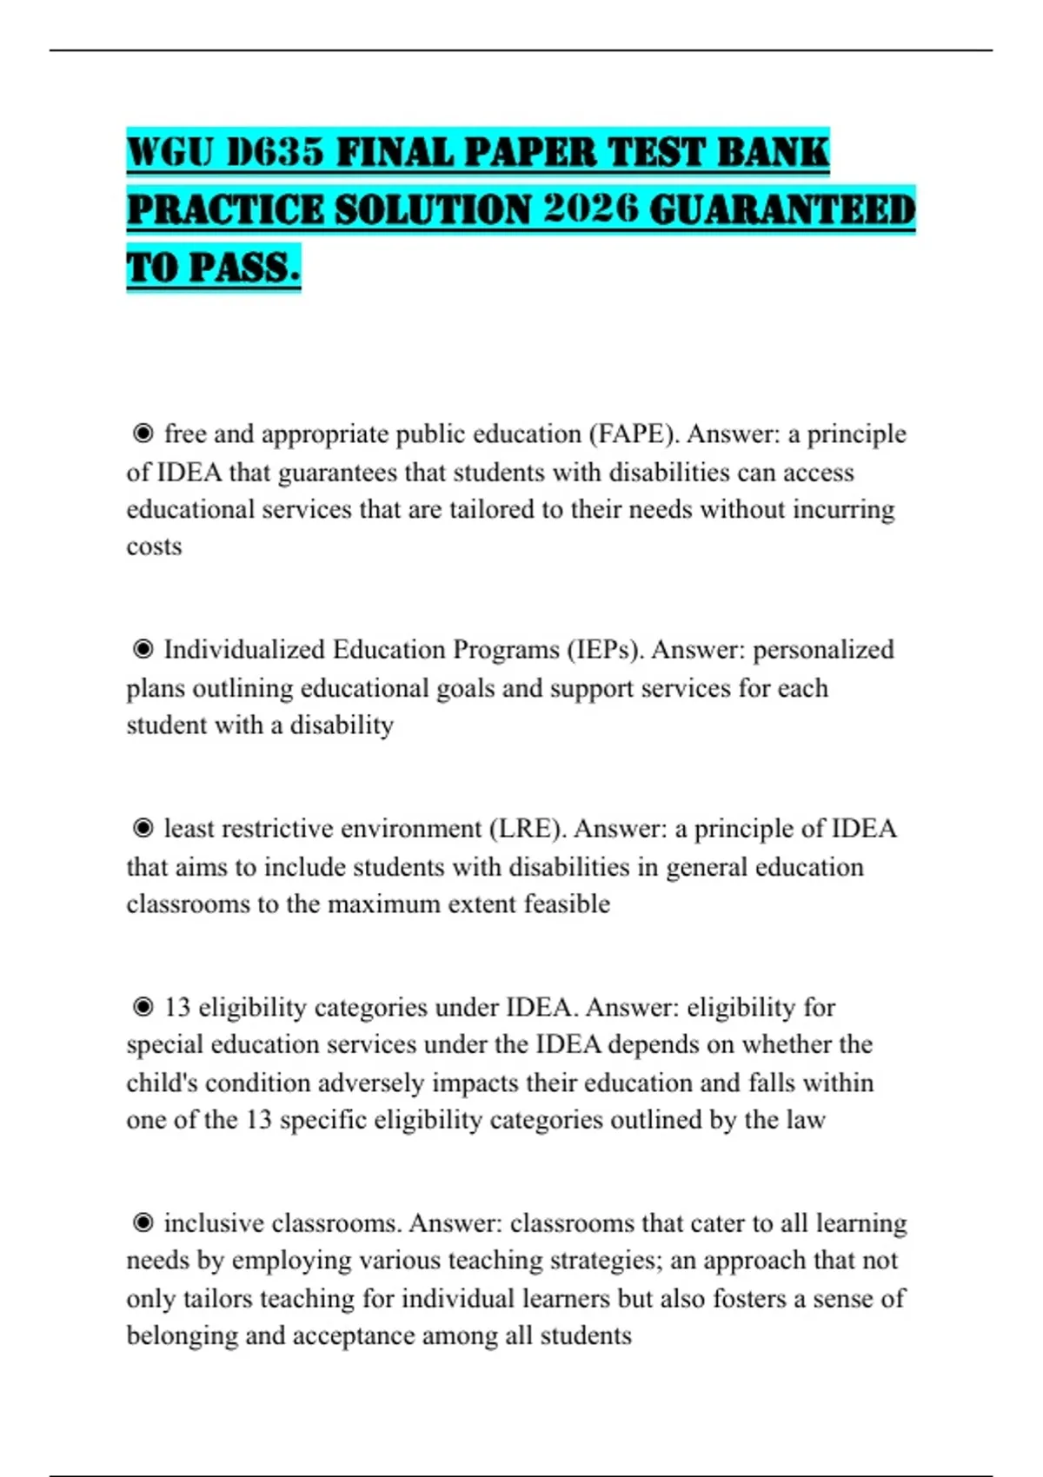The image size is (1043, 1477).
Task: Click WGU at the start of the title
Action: click(170, 153)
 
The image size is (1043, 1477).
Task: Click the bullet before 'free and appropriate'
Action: click(143, 433)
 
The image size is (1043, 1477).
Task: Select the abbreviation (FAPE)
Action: click(634, 434)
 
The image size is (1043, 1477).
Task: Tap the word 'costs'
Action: click(154, 546)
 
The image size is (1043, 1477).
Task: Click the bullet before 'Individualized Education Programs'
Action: click(143, 649)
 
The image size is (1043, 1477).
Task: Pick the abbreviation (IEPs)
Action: click(606, 650)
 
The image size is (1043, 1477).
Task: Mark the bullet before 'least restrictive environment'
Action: click(143, 828)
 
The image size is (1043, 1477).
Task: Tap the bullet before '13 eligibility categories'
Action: click(143, 1007)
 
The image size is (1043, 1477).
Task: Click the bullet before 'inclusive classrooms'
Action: click(143, 1222)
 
